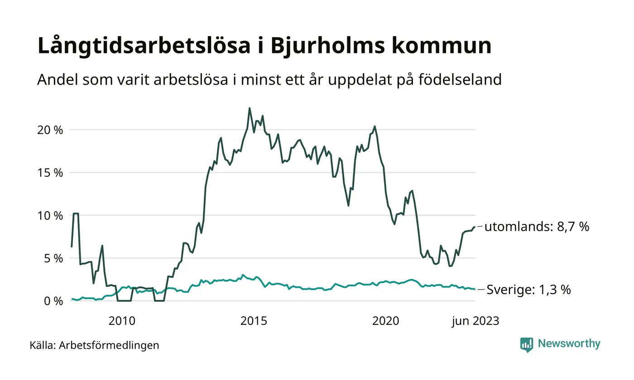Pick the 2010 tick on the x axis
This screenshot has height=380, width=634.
click(122, 321)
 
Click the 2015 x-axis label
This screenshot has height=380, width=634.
click(254, 321)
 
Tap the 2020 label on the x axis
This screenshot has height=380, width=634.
click(385, 321)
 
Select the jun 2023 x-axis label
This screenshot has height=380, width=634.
click(475, 321)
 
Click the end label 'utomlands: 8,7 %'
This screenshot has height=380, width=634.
click(537, 227)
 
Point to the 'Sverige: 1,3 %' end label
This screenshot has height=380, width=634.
click(528, 290)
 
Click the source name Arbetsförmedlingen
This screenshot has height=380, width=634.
click(109, 345)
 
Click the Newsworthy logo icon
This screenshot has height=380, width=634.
click(527, 345)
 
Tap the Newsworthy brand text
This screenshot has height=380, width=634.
click(569, 344)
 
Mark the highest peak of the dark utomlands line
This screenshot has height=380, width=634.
click(250, 108)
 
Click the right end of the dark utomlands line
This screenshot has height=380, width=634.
click(475, 227)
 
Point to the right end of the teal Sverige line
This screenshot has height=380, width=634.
click(475, 289)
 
